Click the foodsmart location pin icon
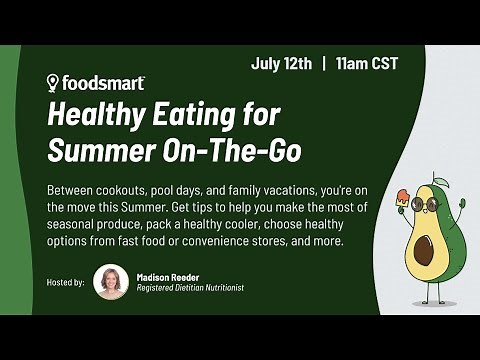[54, 83]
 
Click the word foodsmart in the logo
[103, 83]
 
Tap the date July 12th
[282, 63]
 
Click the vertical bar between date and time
[324, 63]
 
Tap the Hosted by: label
[66, 283]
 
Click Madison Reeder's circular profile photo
[111, 282]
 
